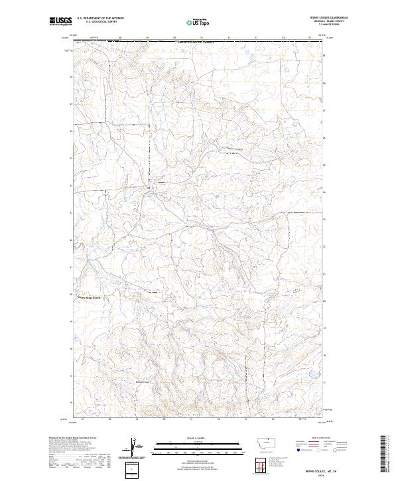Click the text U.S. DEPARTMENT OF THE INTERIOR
[x=100, y=19]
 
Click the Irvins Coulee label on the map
[x=235, y=149]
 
